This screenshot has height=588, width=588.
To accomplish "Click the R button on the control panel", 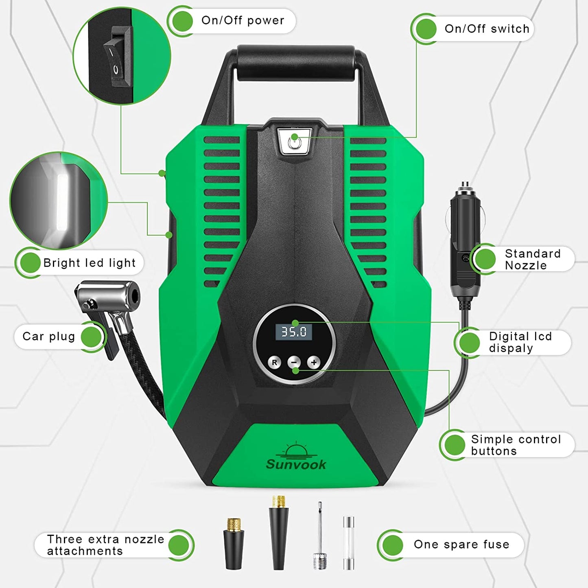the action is click(275, 363).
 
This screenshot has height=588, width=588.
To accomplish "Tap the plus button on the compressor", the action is click(314, 363).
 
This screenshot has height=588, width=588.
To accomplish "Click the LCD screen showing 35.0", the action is click(294, 332).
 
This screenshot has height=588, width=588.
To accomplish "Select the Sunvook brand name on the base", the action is click(296, 464).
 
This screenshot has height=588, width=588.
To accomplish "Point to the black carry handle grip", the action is click(296, 63).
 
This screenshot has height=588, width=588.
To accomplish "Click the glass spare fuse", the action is click(348, 542).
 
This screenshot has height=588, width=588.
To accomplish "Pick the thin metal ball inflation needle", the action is click(320, 536).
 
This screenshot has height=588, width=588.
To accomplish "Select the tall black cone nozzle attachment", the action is click(279, 533).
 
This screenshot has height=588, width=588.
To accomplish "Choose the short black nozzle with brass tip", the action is click(234, 544).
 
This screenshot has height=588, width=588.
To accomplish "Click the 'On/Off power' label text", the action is click(243, 21).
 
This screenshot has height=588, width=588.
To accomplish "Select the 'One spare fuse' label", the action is click(461, 544).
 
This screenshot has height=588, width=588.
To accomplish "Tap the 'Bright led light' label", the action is click(90, 263).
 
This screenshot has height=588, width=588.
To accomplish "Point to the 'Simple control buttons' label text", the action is click(516, 445).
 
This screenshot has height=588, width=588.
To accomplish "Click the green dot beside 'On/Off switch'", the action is click(426, 29).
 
